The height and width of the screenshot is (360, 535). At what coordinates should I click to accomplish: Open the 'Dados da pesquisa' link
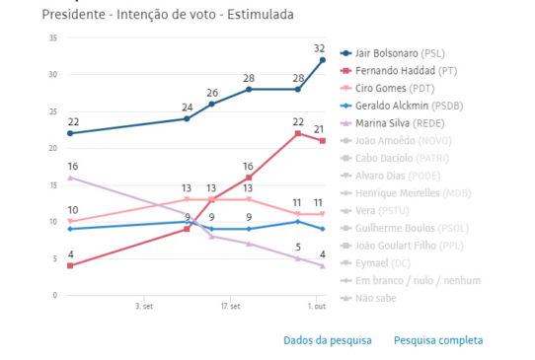pos(328,340)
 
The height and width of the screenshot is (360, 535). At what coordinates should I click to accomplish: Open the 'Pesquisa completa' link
pos(438,340)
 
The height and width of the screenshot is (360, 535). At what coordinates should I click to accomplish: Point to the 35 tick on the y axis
pos(53,37)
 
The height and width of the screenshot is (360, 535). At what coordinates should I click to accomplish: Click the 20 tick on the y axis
pos(53,148)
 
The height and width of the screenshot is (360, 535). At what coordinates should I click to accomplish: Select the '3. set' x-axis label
pos(144,307)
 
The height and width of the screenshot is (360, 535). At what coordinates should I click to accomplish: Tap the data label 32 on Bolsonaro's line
pos(320,47)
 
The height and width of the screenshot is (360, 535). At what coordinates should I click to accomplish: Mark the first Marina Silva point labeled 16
pos(68,178)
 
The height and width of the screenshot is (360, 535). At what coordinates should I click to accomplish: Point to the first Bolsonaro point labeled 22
pos(68,133)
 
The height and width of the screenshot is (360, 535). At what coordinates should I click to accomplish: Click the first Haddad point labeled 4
pos(68,265)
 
